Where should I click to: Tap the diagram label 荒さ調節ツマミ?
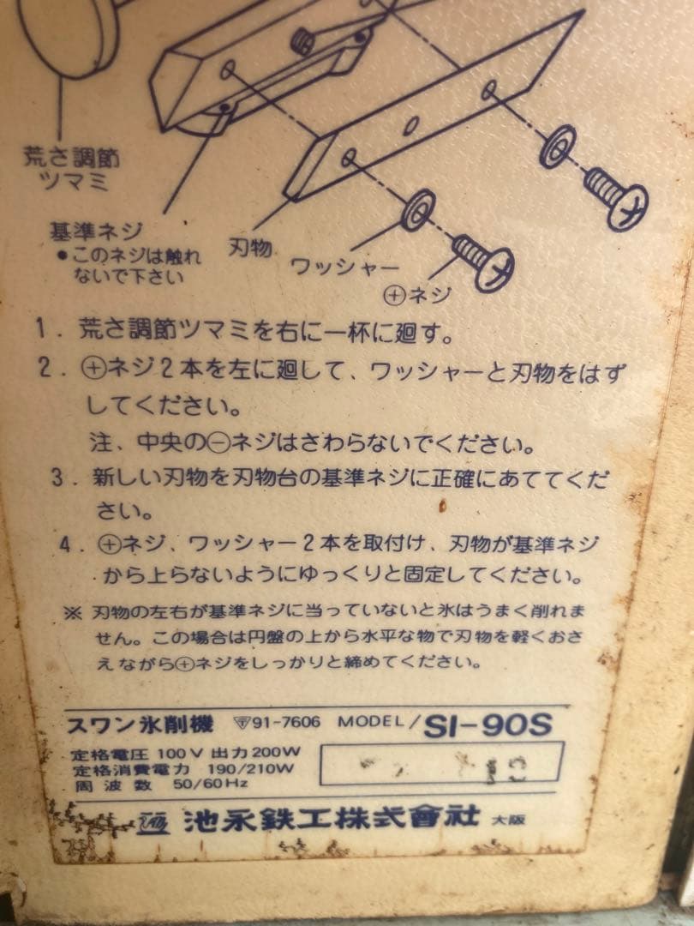point(71,167)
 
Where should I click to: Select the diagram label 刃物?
point(250,249)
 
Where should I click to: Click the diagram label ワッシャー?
point(334,266)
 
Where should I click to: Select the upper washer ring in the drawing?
point(557,147)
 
